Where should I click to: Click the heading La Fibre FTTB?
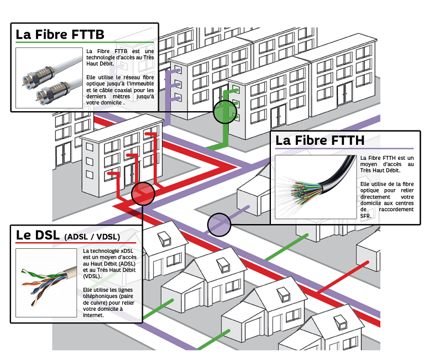coord(60,34)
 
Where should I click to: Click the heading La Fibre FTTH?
coord(320,140)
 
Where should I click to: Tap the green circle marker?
coord(224,112)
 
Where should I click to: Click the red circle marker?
coord(143,194)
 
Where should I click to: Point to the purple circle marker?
coord(219,225)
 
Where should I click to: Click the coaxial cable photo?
coord(49,78)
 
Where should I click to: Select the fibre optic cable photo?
coord(316,187)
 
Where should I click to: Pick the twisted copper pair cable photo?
coord(46,283)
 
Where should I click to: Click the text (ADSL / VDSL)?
coord(92,237)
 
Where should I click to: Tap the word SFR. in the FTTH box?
coord(365,216)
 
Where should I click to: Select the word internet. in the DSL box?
coord(93,315)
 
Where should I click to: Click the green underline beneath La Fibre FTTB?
coord(85,43)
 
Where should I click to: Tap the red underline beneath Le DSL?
coord(76,243)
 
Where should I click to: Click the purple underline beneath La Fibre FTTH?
coord(344,149)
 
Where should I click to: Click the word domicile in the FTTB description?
coord(112,103)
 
